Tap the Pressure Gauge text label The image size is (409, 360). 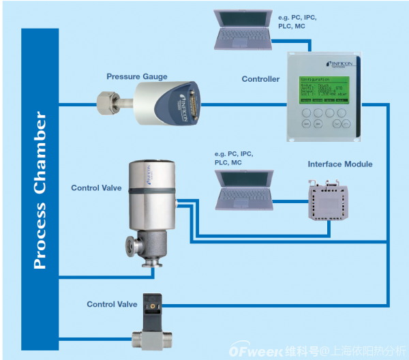point(136,76)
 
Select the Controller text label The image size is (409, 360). point(260,79)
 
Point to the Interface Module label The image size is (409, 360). point(340,164)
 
